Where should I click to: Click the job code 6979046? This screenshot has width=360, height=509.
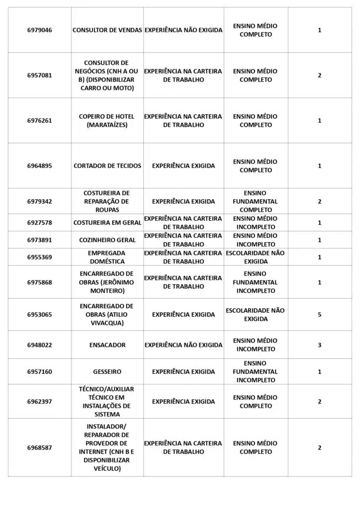click(39, 30)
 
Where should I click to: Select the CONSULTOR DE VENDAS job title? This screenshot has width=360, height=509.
click(107, 30)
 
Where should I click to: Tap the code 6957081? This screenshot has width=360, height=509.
click(39, 76)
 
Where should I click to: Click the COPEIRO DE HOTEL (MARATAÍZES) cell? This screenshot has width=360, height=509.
click(107, 121)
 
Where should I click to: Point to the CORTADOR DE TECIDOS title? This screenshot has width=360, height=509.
click(107, 166)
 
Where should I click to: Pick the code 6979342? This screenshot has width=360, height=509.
click(39, 201)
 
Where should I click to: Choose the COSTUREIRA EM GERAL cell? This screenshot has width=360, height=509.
click(107, 223)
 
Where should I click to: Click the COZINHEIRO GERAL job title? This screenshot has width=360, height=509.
click(107, 240)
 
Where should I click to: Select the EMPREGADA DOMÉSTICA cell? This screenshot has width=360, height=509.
click(107, 257)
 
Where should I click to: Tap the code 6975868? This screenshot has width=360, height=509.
click(39, 282)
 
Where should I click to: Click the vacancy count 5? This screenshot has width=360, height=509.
click(320, 315)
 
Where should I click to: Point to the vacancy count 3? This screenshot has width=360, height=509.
click(320, 345)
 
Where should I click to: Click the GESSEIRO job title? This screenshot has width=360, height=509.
click(107, 372)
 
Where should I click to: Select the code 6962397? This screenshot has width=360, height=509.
click(39, 402)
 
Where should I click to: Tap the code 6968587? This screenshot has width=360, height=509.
click(39, 448)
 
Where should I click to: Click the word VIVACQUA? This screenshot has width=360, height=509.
click(107, 323)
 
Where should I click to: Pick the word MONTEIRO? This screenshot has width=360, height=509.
click(107, 291)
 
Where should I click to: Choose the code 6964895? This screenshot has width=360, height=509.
click(39, 166)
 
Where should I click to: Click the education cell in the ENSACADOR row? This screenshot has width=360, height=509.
click(256, 345)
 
